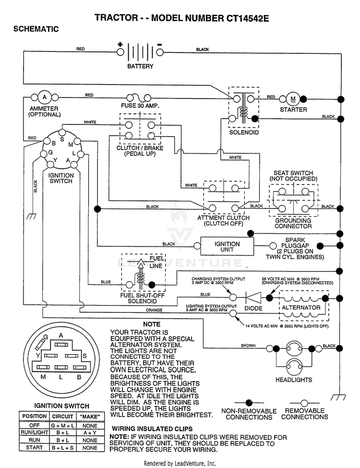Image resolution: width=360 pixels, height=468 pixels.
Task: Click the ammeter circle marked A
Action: click(x=45, y=98)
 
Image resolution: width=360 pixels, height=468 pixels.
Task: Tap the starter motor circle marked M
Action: click(x=293, y=99)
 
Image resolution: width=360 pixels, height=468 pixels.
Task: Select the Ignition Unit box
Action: click(x=227, y=246)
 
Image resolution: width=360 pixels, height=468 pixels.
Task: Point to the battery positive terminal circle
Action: click(x=120, y=52)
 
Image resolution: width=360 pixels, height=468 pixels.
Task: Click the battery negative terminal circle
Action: click(x=160, y=52)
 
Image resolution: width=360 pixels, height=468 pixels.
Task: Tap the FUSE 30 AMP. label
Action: click(x=140, y=106)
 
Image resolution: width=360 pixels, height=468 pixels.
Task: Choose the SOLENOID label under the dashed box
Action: click(x=244, y=132)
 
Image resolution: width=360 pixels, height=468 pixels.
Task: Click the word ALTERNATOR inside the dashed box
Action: click(x=301, y=308)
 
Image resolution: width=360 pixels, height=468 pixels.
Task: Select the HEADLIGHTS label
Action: click(x=294, y=380)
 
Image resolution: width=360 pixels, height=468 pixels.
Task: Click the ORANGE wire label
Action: click(x=154, y=310)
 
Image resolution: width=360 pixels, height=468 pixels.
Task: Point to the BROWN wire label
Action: click(x=248, y=345)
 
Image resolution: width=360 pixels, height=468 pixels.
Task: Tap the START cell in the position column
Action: click(x=34, y=447)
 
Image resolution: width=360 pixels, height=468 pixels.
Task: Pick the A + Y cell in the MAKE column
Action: click(x=90, y=432)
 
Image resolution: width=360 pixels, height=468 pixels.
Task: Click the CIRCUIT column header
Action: click(x=62, y=416)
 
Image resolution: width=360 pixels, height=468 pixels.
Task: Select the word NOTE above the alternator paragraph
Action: click(x=152, y=324)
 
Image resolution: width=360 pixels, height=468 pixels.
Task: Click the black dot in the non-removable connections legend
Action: click(x=249, y=403)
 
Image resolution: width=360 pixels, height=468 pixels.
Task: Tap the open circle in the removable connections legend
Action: click(x=304, y=403)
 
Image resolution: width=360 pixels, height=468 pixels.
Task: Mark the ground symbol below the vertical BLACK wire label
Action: click(x=31, y=216)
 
